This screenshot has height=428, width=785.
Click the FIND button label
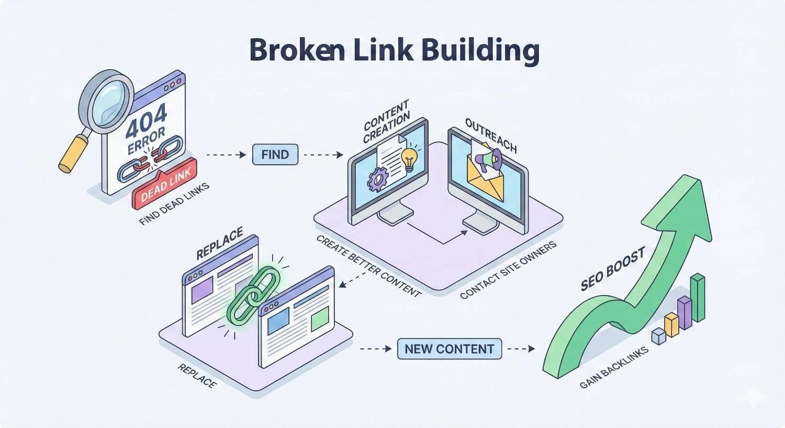click(275, 155)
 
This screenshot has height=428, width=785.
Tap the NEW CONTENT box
click(449, 349)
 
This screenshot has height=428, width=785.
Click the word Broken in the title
click(296, 51)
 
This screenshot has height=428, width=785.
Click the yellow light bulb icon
click(409, 157)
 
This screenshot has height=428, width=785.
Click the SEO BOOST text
click(612, 270)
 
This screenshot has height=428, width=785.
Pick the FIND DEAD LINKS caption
click(174, 205)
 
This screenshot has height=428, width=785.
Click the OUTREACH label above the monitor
click(490, 136)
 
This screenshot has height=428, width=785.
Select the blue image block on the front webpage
click(278, 321)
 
